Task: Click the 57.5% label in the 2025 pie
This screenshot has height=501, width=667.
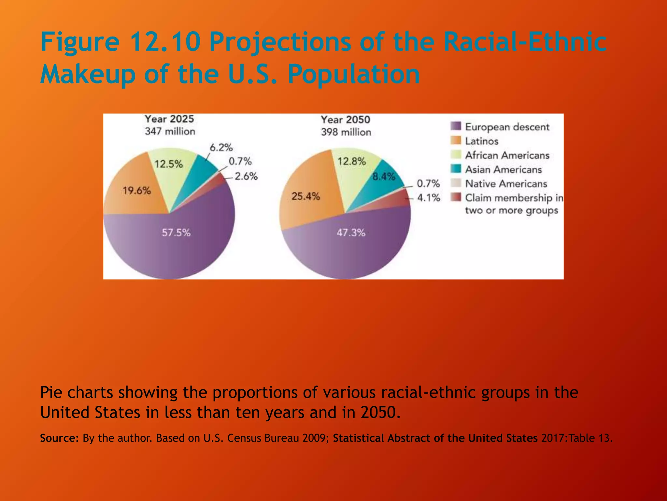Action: (176, 233)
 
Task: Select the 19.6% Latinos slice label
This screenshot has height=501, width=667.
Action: (137, 190)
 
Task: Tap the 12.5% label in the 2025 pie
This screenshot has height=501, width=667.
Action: (168, 164)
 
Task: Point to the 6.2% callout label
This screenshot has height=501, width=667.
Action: (221, 148)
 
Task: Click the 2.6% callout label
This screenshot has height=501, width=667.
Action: (246, 176)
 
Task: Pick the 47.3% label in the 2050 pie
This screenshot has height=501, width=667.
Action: (351, 233)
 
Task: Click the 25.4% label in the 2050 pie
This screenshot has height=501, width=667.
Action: (306, 196)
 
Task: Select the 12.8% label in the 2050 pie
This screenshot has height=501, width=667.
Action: (352, 161)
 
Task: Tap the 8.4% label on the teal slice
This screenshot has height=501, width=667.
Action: (384, 177)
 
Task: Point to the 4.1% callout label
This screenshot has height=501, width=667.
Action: (429, 198)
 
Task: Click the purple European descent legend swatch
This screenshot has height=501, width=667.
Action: (456, 126)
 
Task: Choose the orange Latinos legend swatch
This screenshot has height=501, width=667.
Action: (456, 141)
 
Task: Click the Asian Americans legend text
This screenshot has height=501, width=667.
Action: (503, 170)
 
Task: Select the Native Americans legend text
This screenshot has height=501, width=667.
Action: (506, 184)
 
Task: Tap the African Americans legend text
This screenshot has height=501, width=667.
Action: (507, 155)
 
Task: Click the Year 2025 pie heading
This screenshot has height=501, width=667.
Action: (169, 119)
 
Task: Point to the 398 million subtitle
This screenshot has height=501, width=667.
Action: (346, 132)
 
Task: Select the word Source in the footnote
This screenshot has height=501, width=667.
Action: (59, 438)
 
